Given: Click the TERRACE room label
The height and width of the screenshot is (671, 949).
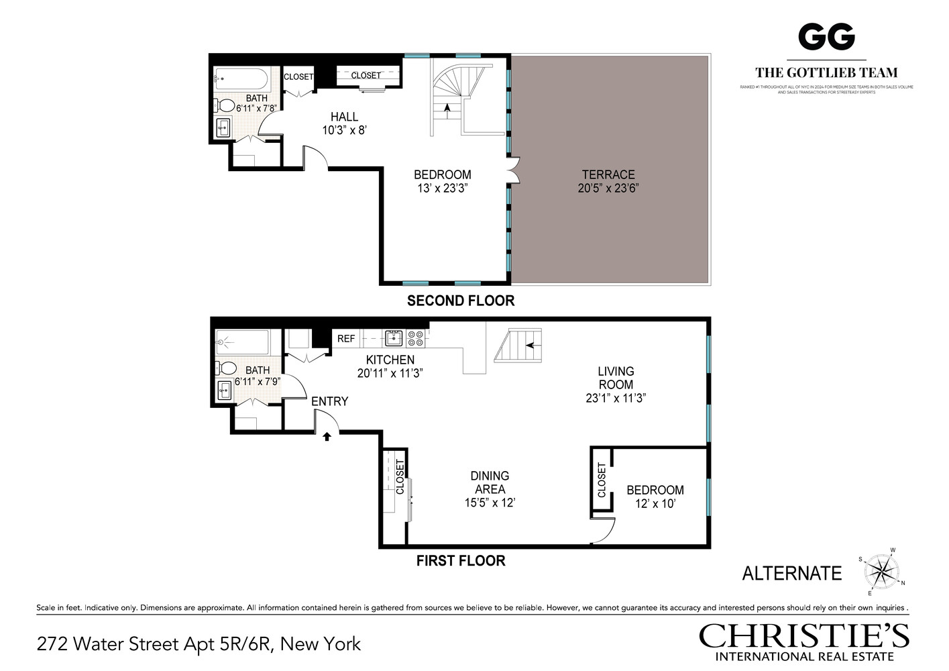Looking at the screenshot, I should tap(608, 174).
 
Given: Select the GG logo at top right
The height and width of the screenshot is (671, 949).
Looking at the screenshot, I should tap(826, 36).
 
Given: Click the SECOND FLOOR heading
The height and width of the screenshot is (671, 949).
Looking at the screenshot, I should tap(461, 301).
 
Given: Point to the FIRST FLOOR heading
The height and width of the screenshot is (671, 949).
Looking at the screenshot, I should tap(461, 561).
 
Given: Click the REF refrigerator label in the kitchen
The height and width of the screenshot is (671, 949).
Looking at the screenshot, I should tap(346, 339).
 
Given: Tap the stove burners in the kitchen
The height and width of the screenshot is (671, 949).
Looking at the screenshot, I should tap(416, 338).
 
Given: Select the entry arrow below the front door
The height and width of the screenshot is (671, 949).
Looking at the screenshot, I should tap(327, 437).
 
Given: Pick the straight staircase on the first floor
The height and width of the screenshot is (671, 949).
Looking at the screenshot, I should tap(518, 346).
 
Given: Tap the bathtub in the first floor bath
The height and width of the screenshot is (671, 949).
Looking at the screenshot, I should tap(242, 342).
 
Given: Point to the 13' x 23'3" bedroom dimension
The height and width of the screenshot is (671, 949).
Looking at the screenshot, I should tap(442, 189).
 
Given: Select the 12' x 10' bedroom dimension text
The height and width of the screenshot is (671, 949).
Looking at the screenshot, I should tap(655, 504).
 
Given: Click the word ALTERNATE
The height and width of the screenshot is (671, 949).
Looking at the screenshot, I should tap(791, 573).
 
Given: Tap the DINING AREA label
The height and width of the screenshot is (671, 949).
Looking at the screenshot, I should tap(490, 482).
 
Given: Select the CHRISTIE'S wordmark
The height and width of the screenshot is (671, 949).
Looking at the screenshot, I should tap(803, 636).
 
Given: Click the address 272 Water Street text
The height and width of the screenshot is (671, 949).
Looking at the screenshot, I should tap(199, 644).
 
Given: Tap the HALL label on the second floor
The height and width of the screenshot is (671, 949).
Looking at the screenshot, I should tap(344, 117).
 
